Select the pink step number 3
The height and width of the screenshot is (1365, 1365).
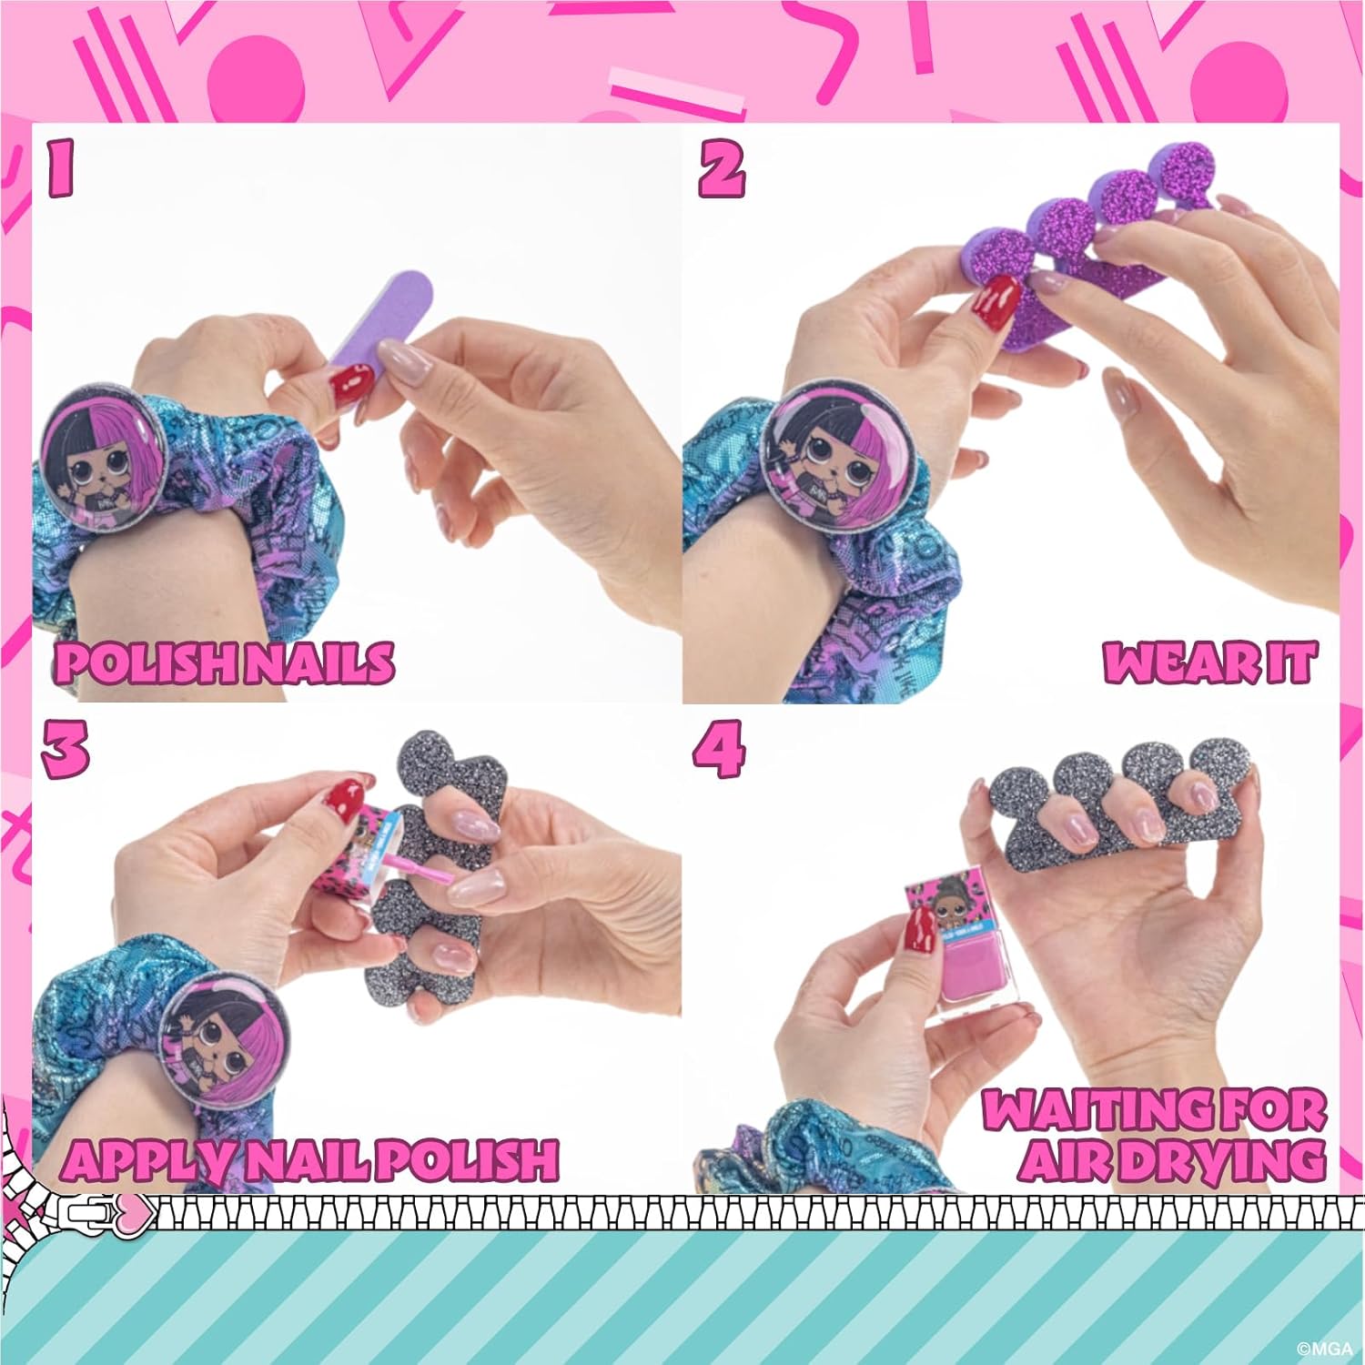pyautogui.click(x=66, y=748)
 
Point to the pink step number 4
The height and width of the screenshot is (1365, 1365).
pyautogui.click(x=719, y=748)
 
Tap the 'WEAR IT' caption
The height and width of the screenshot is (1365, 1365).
pyautogui.click(x=1210, y=662)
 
